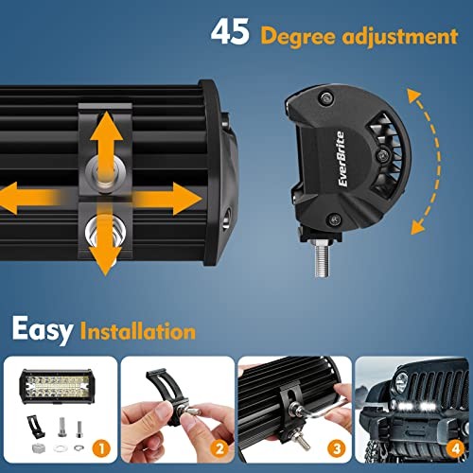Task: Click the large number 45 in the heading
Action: tap(230, 32)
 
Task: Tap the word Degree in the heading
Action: tap(298, 37)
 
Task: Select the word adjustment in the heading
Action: tap(400, 36)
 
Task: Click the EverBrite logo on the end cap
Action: tap(342, 159)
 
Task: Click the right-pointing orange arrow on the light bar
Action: tap(168, 199)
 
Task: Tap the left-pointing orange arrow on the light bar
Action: tap(28, 199)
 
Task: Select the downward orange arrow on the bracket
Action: tap(105, 239)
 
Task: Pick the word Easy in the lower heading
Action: tap(43, 330)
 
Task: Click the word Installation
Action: tap(138, 331)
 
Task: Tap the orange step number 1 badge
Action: tap(101, 448)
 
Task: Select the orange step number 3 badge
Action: tap(337, 448)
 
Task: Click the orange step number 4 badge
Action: tap(456, 448)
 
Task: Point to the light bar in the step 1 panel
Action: tap(56, 386)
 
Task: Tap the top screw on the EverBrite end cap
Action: tap(325, 97)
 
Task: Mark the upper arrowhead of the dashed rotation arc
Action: tap(414, 96)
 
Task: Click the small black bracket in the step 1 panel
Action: tap(35, 426)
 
